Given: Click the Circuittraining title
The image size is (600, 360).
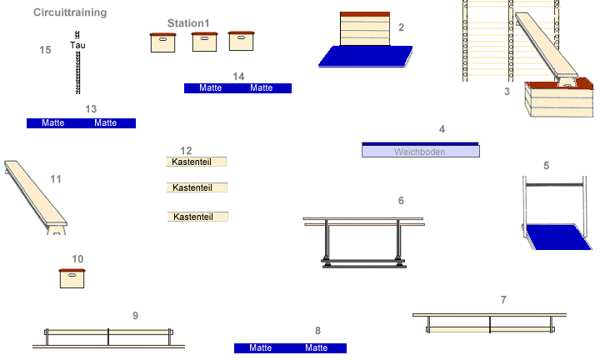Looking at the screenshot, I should pyautogui.click(x=70, y=13).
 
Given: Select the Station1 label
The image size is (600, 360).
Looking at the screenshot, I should pyautogui.click(x=188, y=23).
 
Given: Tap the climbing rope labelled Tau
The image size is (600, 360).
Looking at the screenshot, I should pyautogui.click(x=77, y=71).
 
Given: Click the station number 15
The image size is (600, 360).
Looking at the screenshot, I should pyautogui.click(x=46, y=50).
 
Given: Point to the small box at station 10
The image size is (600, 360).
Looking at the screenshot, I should pyautogui.click(x=72, y=278).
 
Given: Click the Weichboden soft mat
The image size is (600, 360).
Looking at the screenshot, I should pyautogui.click(x=421, y=151).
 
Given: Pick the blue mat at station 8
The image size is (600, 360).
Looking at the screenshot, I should pyautogui.click(x=290, y=348).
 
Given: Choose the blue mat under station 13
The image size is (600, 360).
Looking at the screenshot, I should pyautogui.click(x=81, y=123).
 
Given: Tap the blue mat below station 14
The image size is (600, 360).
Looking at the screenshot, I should pyautogui.click(x=237, y=88).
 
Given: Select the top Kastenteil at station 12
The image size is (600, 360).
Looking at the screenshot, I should pyautogui.click(x=197, y=162).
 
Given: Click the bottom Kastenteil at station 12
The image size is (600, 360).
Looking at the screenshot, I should pyautogui.click(x=197, y=217).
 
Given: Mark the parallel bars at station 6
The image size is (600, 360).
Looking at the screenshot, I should pyautogui.click(x=364, y=242).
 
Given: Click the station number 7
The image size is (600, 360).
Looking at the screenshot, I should pyautogui.click(x=503, y=300).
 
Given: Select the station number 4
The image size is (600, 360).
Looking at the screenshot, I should pyautogui.click(x=442, y=129).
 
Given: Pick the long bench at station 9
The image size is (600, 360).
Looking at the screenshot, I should pyautogui.click(x=108, y=337).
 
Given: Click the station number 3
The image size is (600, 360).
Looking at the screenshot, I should pyautogui.click(x=507, y=92).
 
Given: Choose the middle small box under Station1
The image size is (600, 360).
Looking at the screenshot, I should pyautogui.click(x=204, y=42).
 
